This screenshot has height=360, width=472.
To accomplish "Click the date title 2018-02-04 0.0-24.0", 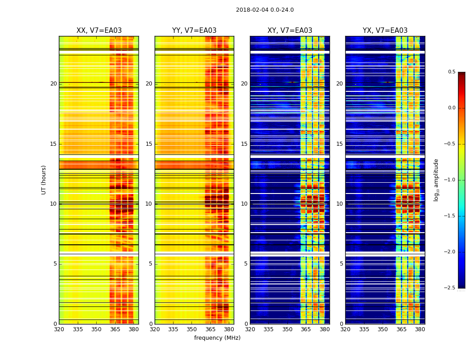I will point(265,10).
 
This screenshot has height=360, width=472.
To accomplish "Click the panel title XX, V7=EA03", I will point(99,31).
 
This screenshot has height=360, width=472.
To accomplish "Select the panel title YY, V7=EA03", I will point(194,31).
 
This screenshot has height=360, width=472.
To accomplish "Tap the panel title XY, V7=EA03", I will point(289,31).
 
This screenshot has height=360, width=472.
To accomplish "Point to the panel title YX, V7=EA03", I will point(385,31).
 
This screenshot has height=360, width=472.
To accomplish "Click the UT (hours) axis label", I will point(44,180).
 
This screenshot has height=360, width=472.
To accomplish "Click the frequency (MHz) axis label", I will point(217,338).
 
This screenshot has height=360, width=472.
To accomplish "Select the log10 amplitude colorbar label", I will point(436,180).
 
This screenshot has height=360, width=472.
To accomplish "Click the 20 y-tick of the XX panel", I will point(53,84).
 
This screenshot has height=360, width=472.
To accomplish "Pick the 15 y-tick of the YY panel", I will point(149,144).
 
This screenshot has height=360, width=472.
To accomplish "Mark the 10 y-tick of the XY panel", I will point(244,204).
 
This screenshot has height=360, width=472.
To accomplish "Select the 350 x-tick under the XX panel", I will point(96,330).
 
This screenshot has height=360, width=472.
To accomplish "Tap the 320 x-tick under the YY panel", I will point(155,330).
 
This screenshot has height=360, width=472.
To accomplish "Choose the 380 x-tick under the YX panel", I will point(420,330).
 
